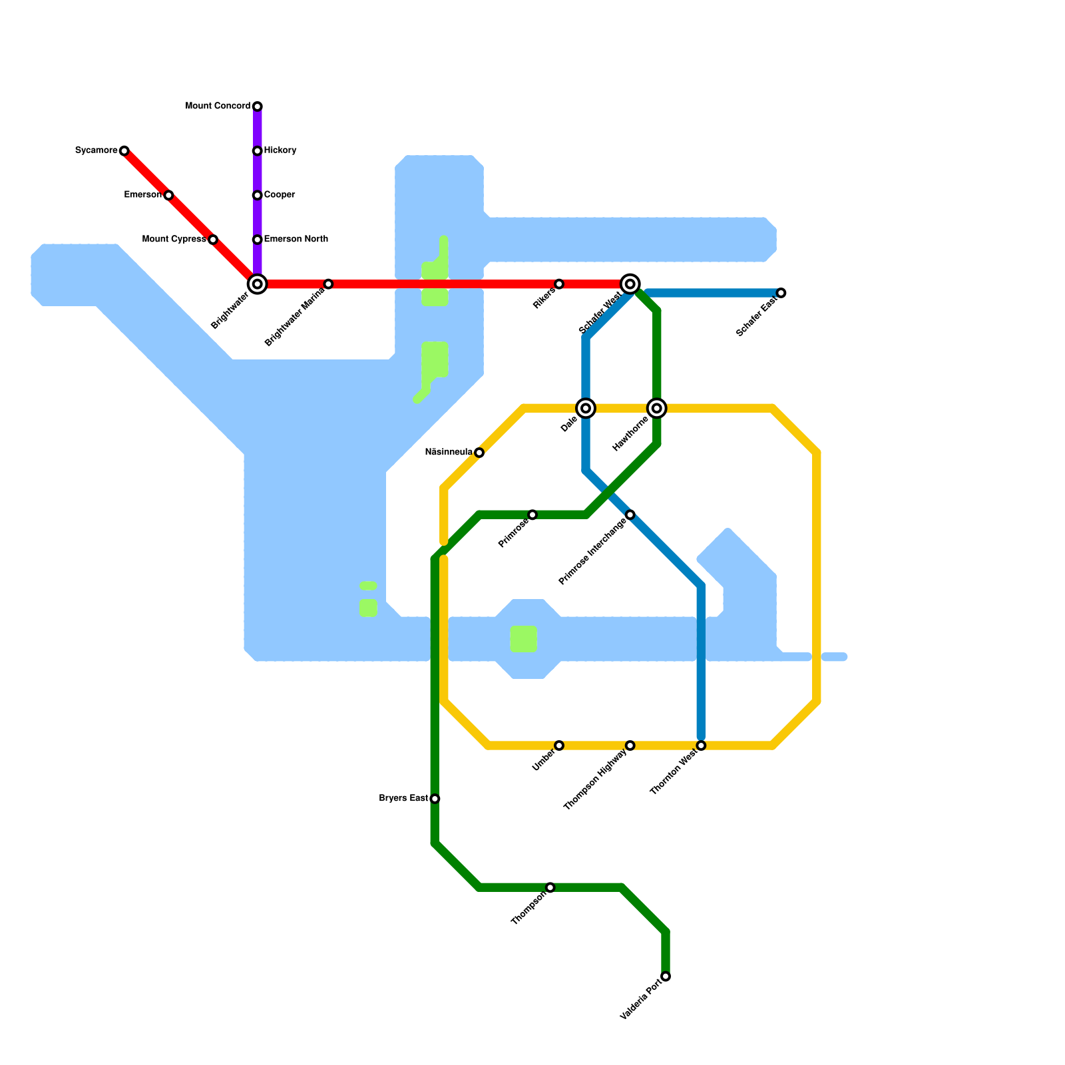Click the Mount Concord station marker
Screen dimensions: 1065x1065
[257, 106]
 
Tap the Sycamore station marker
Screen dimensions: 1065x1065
[124, 151]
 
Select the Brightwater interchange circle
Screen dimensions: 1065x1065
[257, 284]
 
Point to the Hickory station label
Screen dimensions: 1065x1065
[280, 150]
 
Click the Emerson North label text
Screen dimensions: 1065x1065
[296, 239]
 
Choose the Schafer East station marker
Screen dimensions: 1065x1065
[781, 293]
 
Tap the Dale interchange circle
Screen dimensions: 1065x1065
[586, 408]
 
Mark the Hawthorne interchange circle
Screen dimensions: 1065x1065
[657, 408]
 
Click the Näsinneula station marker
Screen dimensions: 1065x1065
[479, 453]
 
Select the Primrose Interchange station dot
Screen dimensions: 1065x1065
[630, 515]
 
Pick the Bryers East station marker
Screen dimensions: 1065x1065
[435, 799]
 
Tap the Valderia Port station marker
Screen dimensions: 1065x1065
[666, 976]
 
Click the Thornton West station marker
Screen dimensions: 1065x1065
[701, 745]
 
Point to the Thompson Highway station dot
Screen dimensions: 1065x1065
[630, 745]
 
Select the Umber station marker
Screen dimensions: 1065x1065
[559, 745]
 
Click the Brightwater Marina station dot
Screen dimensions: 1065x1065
[328, 284]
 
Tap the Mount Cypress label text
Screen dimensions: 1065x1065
[174, 239]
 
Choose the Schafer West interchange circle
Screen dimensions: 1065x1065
[630, 284]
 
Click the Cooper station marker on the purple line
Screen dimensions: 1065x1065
[257, 195]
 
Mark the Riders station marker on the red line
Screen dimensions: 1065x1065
[559, 284]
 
